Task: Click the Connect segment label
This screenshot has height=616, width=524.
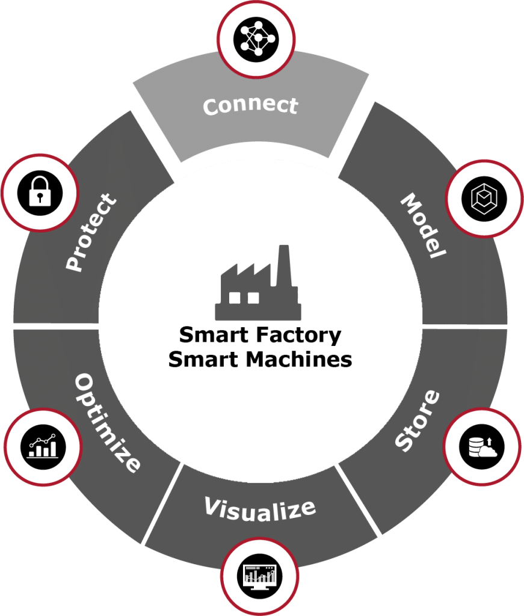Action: [250, 106]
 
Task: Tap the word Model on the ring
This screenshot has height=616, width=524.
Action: [424, 226]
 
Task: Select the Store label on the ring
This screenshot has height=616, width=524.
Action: [418, 421]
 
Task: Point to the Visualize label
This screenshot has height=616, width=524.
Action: [260, 508]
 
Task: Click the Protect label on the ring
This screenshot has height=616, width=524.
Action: [90, 232]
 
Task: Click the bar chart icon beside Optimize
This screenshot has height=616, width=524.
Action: [42, 445]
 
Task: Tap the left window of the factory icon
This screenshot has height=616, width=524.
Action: [235, 297]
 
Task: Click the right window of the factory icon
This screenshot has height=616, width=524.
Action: [252, 297]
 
